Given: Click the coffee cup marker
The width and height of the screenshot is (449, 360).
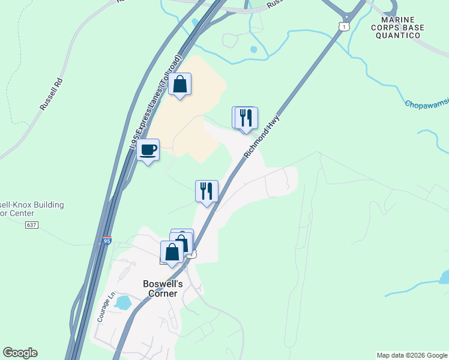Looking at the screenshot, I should pyautogui.click(x=148, y=150).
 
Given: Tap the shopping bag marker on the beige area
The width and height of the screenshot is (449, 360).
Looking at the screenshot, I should pyautogui.click(x=179, y=85).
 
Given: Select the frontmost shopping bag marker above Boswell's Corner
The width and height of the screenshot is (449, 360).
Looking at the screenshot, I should pyautogui.click(x=172, y=253).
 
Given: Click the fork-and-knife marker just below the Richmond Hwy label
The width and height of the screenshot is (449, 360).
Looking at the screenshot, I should pyautogui.click(x=206, y=191).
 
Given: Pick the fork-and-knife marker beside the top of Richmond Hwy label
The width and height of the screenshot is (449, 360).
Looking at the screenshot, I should pyautogui.click(x=245, y=118).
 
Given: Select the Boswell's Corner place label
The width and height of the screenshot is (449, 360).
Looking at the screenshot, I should pyautogui.click(x=160, y=289).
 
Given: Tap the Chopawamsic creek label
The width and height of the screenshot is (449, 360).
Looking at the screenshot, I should pyautogui.click(x=426, y=104).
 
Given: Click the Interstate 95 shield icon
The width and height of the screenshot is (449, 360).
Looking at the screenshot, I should pyautogui.click(x=106, y=241).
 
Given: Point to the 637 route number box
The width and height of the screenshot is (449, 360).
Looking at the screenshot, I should pyautogui.click(x=32, y=225).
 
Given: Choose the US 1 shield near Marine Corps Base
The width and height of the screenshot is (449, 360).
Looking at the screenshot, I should pyautogui.click(x=343, y=27).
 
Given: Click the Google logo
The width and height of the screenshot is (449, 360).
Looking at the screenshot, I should pyautogui.click(x=20, y=353).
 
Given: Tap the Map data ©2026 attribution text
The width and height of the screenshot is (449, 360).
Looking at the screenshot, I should pyautogui.click(x=412, y=355).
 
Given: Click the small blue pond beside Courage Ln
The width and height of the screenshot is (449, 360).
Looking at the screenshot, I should pyautogui.click(x=122, y=302).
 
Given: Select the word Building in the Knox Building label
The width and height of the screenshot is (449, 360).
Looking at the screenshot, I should pyautogui.click(x=45, y=205).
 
